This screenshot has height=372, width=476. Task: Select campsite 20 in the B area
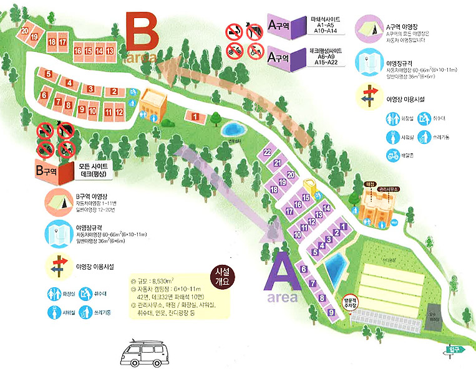click(24, 31)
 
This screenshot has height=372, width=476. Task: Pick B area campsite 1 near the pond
click(195, 117)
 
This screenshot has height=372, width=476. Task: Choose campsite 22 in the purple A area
click(267, 152)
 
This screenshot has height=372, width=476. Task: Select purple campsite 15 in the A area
click(305, 198)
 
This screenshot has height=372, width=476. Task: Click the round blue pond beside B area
click(233, 130)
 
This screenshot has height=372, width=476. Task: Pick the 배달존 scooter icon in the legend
click(393, 157)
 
